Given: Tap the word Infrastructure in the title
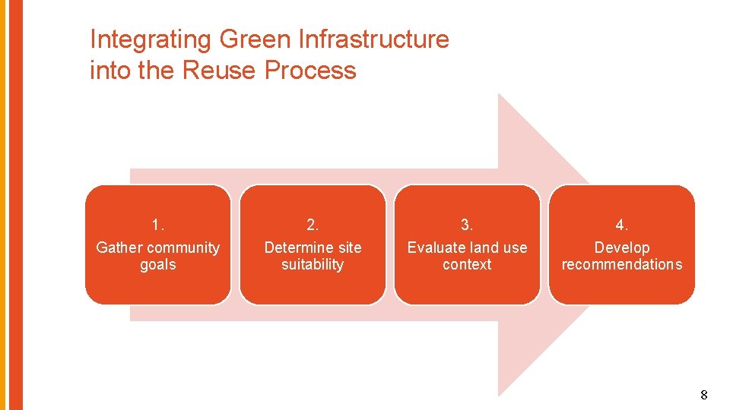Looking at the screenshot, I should click(x=374, y=39).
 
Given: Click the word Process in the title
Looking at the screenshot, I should click(x=310, y=71).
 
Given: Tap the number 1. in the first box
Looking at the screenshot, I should click(x=158, y=225).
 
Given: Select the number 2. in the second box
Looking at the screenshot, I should click(x=313, y=225).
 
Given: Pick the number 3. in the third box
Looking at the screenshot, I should click(x=467, y=225).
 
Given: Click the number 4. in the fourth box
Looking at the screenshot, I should click(x=622, y=225).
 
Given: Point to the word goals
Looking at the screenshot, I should click(x=158, y=265).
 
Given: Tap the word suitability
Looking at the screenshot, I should click(x=313, y=265).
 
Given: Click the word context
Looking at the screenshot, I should click(x=467, y=265).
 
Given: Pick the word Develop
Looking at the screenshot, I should click(x=622, y=248).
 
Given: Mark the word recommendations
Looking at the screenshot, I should click(x=622, y=265).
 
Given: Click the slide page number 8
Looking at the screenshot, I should click(x=703, y=395).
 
